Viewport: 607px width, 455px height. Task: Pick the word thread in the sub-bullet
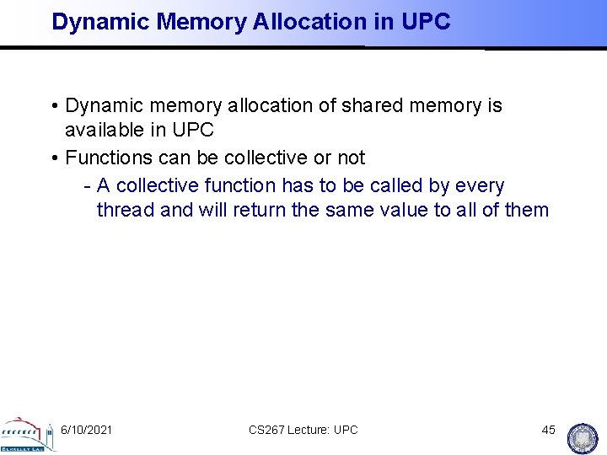[x=126, y=210]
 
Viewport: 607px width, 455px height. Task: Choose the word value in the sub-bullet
[x=398, y=210]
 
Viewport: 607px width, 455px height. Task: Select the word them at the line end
[x=526, y=210]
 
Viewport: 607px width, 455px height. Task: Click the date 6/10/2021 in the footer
[x=87, y=430]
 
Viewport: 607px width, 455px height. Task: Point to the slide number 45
[x=548, y=430]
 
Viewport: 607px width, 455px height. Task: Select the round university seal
[x=583, y=436]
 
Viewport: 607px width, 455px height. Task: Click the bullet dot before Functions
[x=54, y=158]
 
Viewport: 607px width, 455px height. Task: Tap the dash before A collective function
[x=88, y=185]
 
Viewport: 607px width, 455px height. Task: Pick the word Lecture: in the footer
[x=310, y=430]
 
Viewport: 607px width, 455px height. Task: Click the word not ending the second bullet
[x=350, y=158]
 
